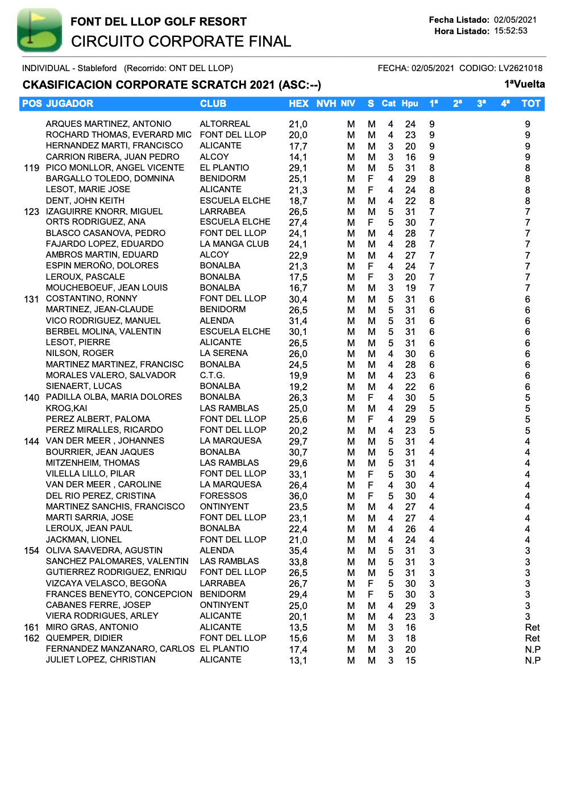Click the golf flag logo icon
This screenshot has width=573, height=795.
[x=39, y=30]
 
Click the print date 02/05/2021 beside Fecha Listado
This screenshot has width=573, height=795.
[x=515, y=20]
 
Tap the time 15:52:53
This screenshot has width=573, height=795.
[x=510, y=31]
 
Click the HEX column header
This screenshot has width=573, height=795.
[x=298, y=103]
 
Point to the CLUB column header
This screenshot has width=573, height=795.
[x=213, y=103]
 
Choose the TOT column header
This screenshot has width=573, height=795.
[x=531, y=103]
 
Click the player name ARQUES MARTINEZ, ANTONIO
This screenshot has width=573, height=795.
[x=109, y=124]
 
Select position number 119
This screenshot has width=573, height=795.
[x=32, y=168]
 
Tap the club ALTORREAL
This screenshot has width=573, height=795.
[x=225, y=124]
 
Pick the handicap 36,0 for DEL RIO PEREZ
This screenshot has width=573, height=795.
[x=298, y=496]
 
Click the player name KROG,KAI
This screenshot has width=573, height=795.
[x=67, y=408]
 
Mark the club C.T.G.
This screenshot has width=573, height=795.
[x=212, y=375]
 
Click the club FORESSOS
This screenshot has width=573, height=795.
[x=223, y=496]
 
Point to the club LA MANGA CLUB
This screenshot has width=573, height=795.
[x=234, y=244]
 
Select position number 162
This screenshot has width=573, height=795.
[x=32, y=638]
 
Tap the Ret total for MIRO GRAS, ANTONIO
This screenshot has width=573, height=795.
[x=532, y=627]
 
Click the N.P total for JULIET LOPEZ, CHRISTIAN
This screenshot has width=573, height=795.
[x=533, y=660]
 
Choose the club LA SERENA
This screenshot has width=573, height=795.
[x=224, y=353]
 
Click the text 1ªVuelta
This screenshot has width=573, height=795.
[x=524, y=84]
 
